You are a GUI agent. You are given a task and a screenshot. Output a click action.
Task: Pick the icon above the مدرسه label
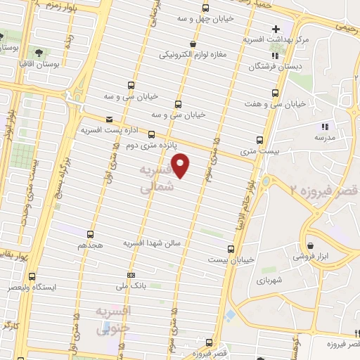324,127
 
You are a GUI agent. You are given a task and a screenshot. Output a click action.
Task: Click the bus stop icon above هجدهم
90,235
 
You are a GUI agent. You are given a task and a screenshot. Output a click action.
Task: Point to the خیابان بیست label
229,259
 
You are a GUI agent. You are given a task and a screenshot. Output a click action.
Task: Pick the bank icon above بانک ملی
131,275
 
